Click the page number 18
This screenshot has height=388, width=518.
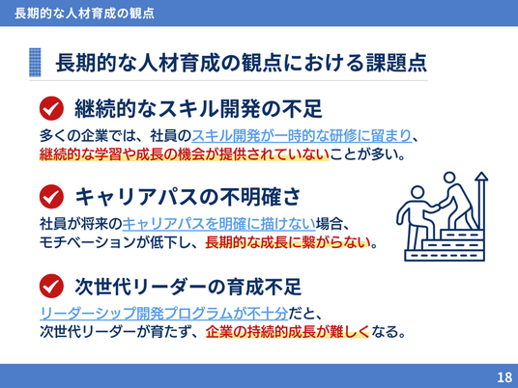click(504, 376)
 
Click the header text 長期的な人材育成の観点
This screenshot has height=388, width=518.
click(84, 14)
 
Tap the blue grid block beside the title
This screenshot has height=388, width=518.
click(35, 63)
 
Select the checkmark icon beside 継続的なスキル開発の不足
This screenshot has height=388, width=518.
click(51, 108)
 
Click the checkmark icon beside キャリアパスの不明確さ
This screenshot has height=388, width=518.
click(51, 196)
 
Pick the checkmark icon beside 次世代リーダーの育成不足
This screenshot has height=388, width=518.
click(51, 286)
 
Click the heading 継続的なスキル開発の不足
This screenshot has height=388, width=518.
click(198, 108)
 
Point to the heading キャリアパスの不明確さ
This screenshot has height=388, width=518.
click(187, 197)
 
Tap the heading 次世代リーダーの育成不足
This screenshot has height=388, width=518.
click(188, 287)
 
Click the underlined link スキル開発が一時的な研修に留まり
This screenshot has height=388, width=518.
click(302, 135)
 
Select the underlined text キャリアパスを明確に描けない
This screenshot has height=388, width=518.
click(219, 224)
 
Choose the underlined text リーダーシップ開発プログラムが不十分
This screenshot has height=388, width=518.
click(164, 314)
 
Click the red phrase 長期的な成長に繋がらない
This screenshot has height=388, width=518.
click(288, 243)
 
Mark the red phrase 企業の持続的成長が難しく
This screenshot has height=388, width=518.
click(287, 332)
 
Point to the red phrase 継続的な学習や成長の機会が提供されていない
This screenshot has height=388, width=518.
click(185, 154)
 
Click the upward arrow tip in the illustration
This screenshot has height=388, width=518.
click(481, 173)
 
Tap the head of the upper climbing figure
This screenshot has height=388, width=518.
click(449, 178)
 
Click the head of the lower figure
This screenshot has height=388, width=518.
click(417, 192)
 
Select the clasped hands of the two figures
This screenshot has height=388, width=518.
click(437, 207)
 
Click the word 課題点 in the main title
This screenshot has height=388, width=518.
click(396, 63)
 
